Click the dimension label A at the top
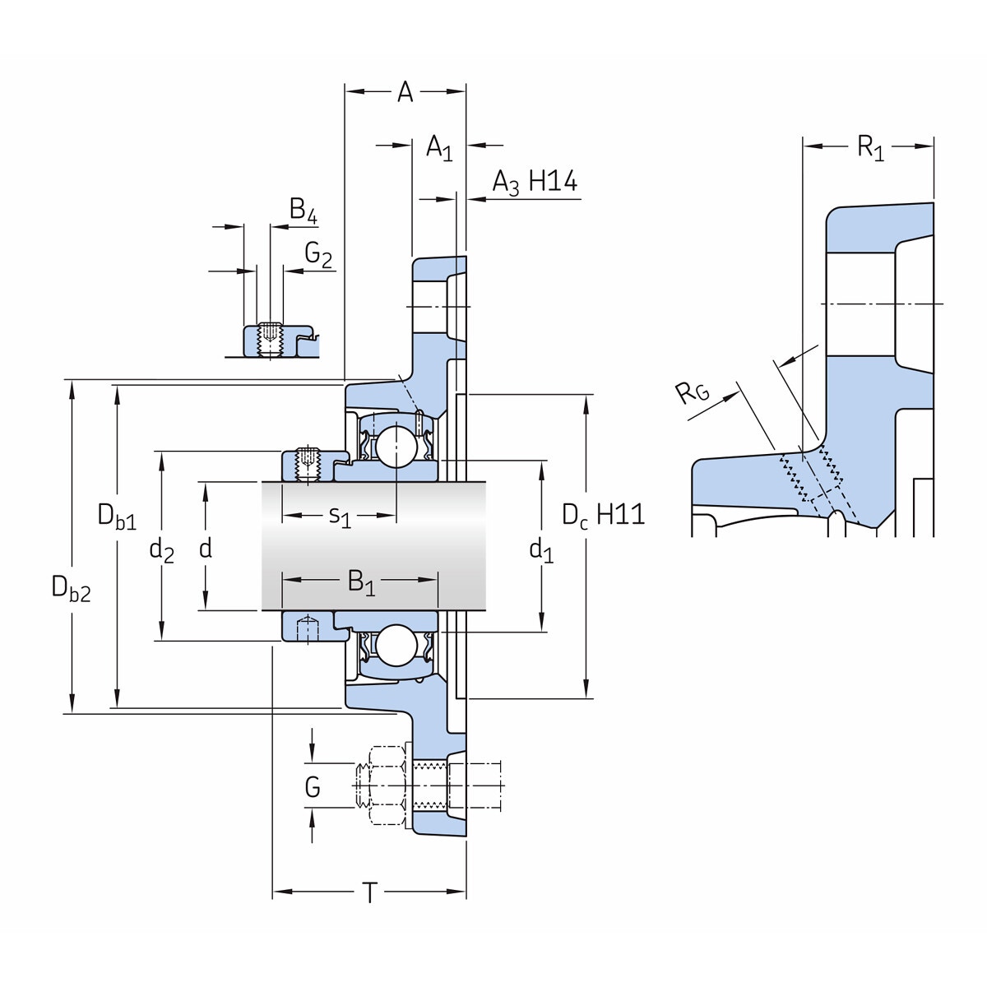(405, 92)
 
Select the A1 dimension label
(439, 148)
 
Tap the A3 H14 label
(535, 183)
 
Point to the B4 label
(303, 211)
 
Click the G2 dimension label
(318, 256)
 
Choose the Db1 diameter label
(117, 517)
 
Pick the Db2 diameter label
(71, 589)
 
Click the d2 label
(161, 549)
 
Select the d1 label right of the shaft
(540, 549)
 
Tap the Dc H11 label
(603, 516)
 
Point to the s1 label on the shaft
(340, 517)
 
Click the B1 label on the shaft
(361, 582)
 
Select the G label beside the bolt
(313, 787)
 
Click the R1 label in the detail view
(869, 148)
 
